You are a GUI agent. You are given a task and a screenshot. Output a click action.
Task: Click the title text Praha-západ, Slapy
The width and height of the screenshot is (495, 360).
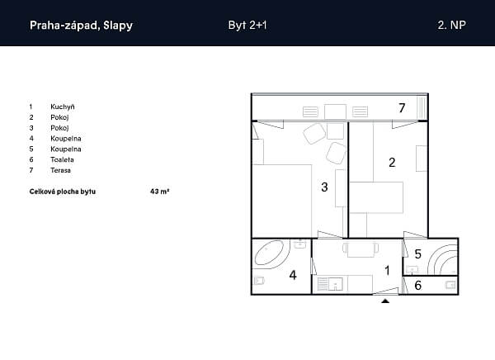81,26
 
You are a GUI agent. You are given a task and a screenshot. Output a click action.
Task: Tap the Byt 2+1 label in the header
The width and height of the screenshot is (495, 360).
247,25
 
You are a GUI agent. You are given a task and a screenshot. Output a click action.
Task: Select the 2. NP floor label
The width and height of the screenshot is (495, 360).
451,25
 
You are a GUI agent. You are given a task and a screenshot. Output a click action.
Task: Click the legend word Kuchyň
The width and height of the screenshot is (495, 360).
63,107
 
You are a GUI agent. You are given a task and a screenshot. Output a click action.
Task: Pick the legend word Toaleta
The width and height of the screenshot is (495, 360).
62,159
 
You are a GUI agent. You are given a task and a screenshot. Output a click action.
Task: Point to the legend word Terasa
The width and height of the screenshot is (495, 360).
60,170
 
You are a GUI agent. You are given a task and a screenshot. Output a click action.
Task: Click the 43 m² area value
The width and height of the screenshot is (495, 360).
160,192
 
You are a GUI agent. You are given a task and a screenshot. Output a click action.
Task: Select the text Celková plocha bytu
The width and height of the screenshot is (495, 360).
63,192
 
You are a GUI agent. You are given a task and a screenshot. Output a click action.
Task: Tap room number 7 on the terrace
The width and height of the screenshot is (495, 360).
402,108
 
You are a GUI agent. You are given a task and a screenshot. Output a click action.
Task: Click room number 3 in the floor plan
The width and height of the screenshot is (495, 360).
324,187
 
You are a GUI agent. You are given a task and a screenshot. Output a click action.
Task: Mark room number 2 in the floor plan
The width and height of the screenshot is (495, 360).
392,163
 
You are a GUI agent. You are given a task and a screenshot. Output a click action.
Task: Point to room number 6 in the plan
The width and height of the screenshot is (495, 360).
417,286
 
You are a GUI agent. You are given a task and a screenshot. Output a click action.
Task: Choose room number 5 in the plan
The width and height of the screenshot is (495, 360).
417,253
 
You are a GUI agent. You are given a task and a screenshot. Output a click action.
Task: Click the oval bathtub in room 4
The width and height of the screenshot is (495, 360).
269,253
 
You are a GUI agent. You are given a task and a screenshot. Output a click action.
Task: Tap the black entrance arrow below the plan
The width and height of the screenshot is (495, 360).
385,301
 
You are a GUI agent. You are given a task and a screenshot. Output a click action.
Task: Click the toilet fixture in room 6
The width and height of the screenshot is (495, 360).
450,285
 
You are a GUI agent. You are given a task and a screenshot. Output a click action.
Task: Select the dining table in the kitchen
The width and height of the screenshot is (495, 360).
361,249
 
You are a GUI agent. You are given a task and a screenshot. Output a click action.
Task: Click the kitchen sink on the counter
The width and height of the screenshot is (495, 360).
336,284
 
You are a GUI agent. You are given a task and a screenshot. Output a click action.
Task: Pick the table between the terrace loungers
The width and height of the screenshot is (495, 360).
335,112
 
